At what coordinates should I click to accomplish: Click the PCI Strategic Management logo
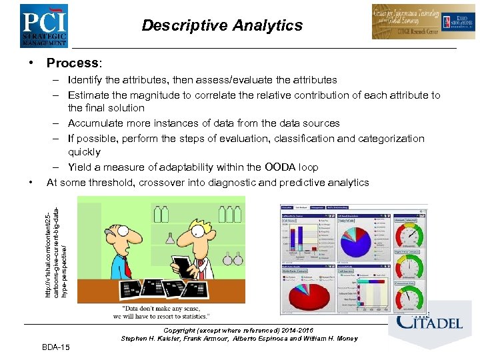point(43,25)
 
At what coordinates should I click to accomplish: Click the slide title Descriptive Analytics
point(222,26)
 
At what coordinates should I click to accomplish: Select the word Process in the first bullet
point(72,63)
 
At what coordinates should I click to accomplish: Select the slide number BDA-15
point(59,347)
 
